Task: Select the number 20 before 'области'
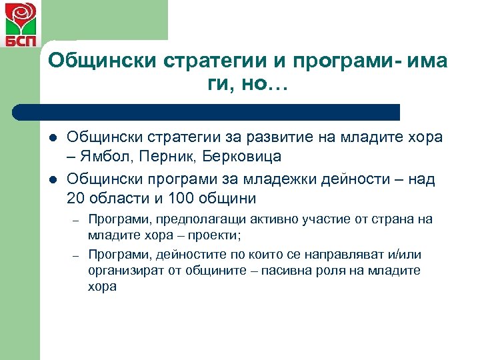tap(75, 198)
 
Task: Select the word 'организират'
tap(122, 271)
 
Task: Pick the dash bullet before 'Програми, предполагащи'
tap(77, 220)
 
